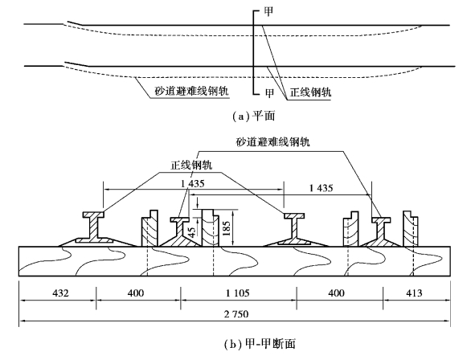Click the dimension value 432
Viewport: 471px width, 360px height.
(x=60, y=292)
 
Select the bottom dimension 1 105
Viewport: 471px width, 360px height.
(x=238, y=292)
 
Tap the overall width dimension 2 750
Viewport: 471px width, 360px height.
(x=236, y=314)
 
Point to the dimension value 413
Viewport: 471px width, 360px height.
(x=414, y=292)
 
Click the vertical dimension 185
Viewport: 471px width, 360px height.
(x=227, y=228)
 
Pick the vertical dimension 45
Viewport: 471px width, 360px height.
(x=191, y=231)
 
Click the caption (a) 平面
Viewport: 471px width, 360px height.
(x=254, y=116)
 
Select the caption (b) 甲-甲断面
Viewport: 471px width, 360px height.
(x=260, y=344)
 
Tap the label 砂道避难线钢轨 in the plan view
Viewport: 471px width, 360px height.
(x=191, y=91)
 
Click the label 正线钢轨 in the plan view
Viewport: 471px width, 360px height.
(x=310, y=92)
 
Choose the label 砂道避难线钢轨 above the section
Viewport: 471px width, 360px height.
(x=272, y=141)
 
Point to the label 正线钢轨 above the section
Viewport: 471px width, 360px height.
(x=191, y=166)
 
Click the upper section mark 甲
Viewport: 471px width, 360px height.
(x=268, y=11)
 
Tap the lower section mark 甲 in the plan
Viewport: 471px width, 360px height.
(x=269, y=93)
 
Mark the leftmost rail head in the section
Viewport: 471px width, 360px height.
(x=93, y=215)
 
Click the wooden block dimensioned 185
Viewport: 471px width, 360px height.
(x=211, y=228)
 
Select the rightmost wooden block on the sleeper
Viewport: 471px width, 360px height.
(x=411, y=228)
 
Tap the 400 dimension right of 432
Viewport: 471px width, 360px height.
(x=136, y=292)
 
